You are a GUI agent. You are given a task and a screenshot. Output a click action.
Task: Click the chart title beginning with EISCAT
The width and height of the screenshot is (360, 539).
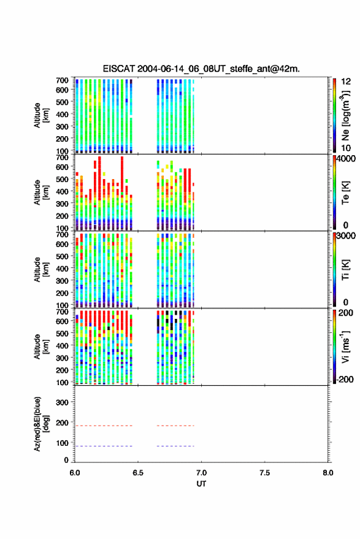(201, 69)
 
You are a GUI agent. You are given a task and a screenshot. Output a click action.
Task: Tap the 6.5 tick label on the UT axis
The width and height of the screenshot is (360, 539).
(138, 473)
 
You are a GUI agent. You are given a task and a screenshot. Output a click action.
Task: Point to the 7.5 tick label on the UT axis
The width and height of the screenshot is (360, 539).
(265, 473)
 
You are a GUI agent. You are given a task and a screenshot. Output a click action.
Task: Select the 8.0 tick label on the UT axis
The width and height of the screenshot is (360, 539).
(328, 473)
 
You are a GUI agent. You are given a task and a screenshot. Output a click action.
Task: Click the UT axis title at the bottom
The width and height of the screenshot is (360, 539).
(202, 484)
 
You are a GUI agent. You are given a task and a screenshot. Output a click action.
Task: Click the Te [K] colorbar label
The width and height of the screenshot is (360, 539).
(345, 193)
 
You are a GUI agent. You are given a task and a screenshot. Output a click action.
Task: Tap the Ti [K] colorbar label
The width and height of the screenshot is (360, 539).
(345, 270)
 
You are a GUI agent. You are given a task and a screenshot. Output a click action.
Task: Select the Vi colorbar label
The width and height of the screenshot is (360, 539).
(345, 346)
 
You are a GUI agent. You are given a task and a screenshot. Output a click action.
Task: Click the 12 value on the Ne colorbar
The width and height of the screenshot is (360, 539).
(346, 82)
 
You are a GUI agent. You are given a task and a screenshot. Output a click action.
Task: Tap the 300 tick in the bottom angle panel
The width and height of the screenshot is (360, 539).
(62, 402)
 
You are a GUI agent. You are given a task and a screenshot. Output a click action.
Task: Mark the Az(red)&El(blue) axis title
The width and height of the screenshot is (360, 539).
(41, 424)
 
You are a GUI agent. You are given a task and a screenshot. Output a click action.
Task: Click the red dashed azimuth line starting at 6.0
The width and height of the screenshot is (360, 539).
(104, 426)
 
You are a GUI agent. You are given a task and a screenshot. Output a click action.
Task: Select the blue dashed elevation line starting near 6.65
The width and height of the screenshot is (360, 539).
(175, 446)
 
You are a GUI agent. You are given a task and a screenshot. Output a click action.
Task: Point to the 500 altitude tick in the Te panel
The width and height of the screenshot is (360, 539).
(62, 179)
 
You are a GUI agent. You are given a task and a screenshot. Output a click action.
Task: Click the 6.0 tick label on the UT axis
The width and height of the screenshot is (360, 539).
(75, 473)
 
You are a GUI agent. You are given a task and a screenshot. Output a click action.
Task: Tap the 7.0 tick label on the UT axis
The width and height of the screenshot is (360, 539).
(202, 473)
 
